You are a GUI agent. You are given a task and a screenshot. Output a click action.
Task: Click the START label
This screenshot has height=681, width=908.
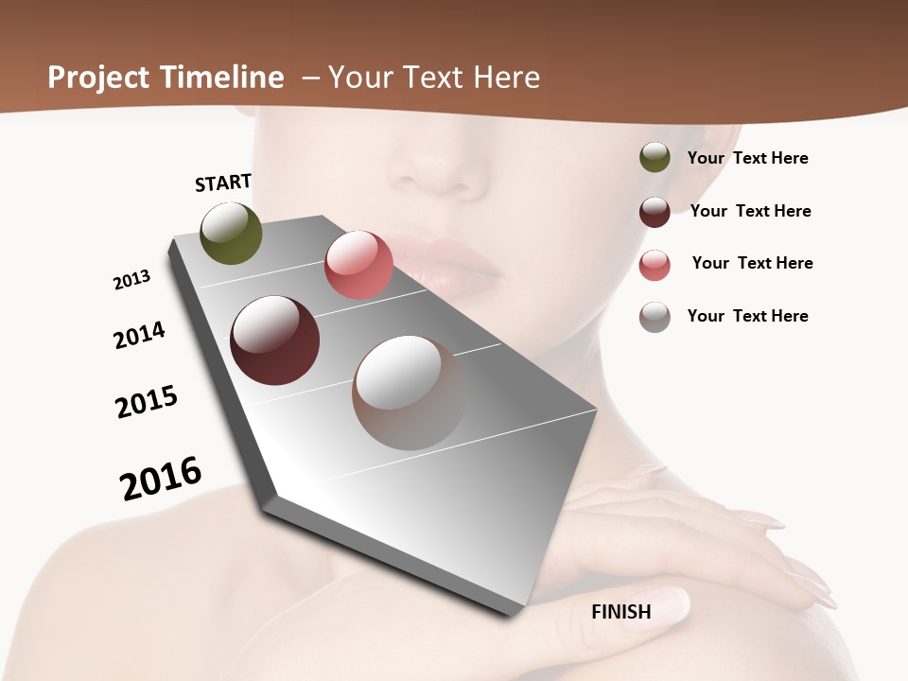(x=223, y=183)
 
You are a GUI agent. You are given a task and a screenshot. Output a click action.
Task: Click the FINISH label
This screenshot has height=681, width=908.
(x=621, y=612)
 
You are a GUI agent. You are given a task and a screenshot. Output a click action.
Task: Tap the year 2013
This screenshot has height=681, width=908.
(x=131, y=280)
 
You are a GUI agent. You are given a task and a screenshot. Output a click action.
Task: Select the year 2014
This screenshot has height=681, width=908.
(x=139, y=335)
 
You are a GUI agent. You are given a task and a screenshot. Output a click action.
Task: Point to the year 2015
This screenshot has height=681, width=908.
(x=147, y=402)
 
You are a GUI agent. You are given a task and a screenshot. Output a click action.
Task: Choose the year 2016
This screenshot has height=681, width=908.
(x=161, y=479)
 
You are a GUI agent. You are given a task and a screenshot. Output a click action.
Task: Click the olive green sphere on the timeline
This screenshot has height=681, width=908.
(x=232, y=233)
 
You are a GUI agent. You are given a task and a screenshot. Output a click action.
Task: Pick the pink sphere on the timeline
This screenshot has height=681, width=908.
(x=358, y=264)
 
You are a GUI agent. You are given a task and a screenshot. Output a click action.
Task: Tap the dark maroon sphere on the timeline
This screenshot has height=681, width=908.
(x=275, y=340)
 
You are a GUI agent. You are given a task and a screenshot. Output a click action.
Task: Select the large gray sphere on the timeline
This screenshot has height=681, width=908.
(x=409, y=393)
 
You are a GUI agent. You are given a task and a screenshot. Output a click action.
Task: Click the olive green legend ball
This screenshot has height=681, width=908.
(x=655, y=158)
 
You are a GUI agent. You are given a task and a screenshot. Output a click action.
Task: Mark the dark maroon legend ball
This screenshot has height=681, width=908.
(x=655, y=212)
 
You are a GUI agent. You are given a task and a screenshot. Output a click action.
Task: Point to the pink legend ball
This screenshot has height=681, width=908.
(x=655, y=265)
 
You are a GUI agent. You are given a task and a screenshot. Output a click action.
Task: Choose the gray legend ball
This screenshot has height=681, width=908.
(x=655, y=317)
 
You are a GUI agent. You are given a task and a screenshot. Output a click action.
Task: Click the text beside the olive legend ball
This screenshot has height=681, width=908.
(x=747, y=158)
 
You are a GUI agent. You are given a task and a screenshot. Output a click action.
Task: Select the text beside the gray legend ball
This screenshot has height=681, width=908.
(x=747, y=316)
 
